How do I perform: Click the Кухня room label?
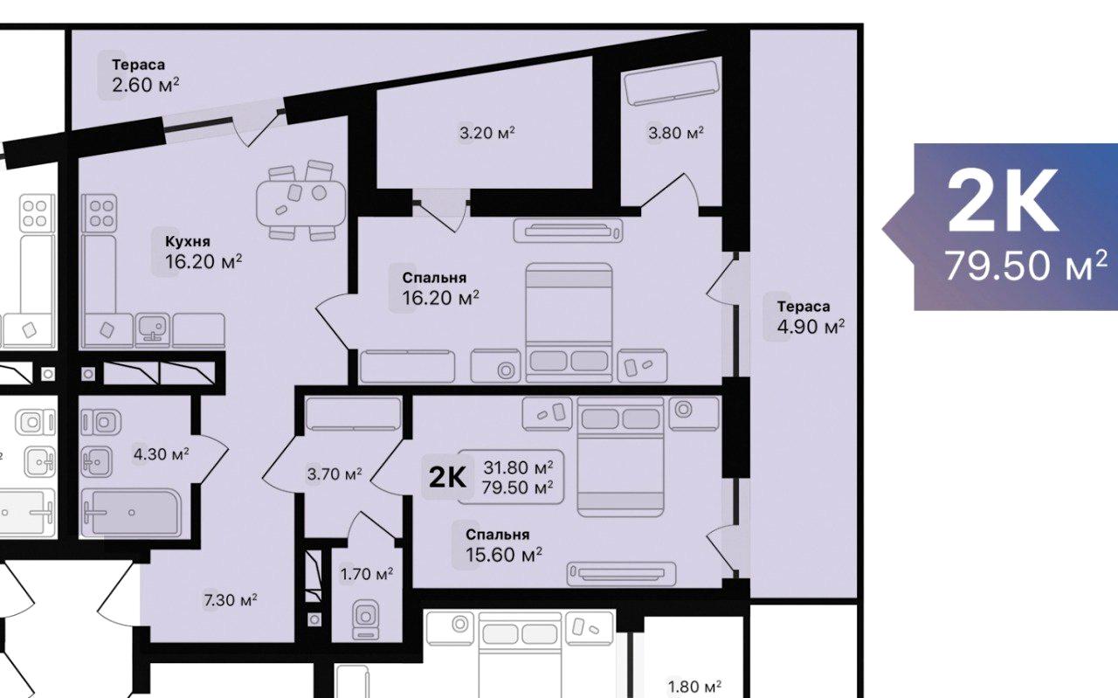(188, 242)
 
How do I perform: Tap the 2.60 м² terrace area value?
(146, 85)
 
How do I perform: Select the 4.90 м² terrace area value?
(811, 327)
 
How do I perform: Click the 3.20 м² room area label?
(487, 133)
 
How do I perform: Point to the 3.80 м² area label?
(676, 133)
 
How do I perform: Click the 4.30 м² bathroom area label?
(162, 454)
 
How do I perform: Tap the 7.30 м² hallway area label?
(231, 599)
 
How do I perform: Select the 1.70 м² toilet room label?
(367, 574)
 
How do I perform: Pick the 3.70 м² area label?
(335, 473)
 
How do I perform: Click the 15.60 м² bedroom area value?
(504, 555)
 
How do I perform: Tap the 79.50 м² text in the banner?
(1026, 266)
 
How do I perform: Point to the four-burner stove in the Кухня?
(100, 213)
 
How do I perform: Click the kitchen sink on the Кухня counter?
(152, 330)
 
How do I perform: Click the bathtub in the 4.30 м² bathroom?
(131, 513)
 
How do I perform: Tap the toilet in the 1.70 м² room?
(366, 619)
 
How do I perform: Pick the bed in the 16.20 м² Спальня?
(569, 322)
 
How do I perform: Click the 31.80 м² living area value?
(518, 468)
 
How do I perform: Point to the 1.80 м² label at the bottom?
(694, 687)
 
